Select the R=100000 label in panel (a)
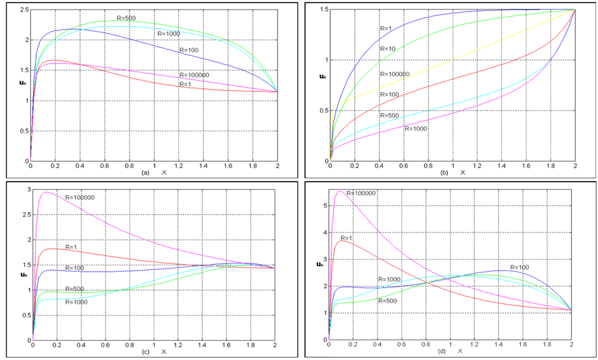[193, 75]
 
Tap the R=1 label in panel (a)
[185, 84]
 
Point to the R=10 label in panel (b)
[388, 48]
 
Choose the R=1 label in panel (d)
[347, 238]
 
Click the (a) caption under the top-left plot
[145, 173]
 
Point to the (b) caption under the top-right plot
[444, 173]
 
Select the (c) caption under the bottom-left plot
[145, 351]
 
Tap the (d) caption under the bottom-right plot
[442, 351]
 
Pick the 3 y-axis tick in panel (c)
[26, 190]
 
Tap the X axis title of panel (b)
[463, 173]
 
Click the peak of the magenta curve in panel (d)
[341, 191]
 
